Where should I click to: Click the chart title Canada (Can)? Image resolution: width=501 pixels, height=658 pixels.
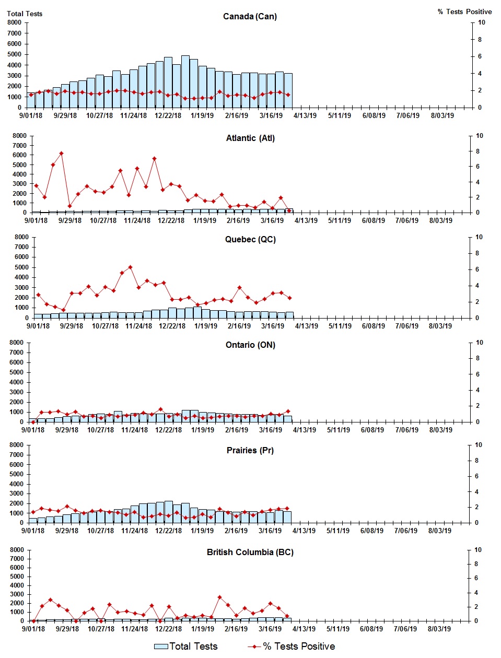click(x=250, y=17)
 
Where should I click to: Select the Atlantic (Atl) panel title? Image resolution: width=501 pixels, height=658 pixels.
click(x=250, y=138)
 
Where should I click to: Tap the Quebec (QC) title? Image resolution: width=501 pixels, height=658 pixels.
click(x=250, y=240)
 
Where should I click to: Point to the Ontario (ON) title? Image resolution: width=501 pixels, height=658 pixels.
click(x=250, y=345)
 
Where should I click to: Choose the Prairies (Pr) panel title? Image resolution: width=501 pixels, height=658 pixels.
click(x=250, y=451)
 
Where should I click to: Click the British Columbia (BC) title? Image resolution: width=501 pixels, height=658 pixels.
click(x=250, y=553)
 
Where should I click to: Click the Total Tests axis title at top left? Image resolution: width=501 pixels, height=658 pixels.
click(x=25, y=14)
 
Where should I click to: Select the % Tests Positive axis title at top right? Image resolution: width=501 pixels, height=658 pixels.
click(x=464, y=12)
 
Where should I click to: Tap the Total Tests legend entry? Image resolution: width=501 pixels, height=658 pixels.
click(x=186, y=647)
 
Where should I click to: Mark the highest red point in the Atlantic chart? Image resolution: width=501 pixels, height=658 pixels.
click(x=61, y=154)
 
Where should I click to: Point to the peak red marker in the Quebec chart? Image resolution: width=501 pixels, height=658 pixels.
click(x=130, y=267)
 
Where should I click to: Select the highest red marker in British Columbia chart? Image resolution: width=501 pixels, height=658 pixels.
click(x=219, y=597)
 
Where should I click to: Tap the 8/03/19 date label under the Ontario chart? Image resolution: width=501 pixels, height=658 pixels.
click(x=441, y=430)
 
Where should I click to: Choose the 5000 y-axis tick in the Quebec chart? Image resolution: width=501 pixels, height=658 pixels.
click(x=21, y=267)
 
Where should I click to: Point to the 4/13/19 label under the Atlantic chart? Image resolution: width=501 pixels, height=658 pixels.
click(x=306, y=221)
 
